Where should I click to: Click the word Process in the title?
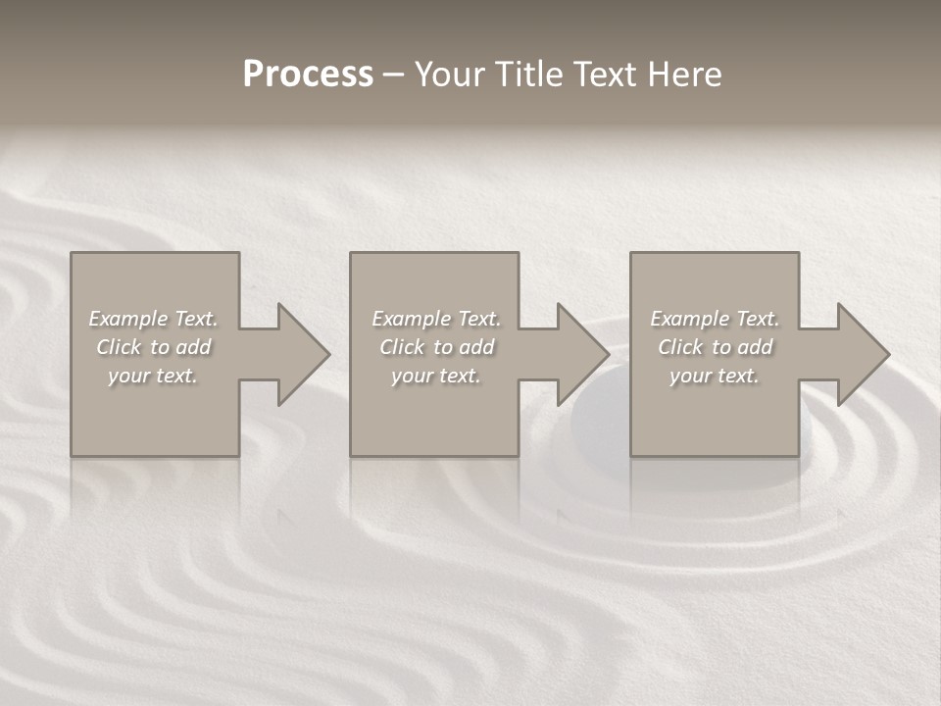pos(308,75)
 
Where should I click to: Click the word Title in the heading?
pos(527,75)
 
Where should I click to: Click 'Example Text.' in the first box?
pos(153,319)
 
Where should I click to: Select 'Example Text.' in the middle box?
pos(436,319)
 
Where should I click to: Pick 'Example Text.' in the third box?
pos(715,319)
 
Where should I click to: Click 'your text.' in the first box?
pos(153,376)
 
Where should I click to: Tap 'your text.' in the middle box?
pos(436,376)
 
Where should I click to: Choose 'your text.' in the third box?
pos(715,376)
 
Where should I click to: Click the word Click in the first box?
pos(119,347)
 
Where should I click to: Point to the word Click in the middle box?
pos(402,347)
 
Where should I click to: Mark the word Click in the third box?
pos(680,347)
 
